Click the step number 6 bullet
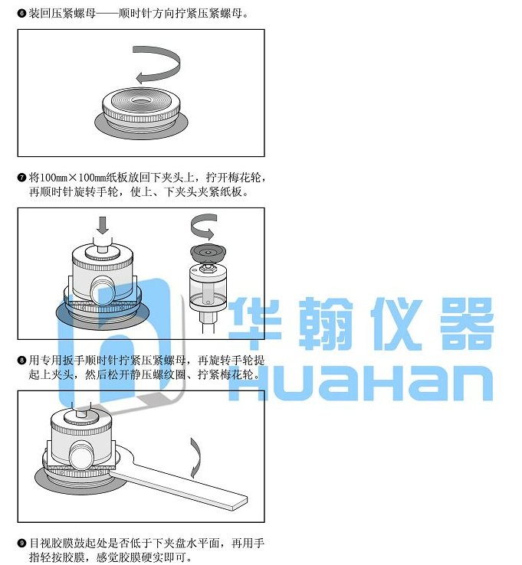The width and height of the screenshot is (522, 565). coord(21,14)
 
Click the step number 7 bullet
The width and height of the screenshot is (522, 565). coord(21,178)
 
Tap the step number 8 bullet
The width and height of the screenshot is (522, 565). coord(21,360)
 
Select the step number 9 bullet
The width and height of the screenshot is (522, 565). coord(21,543)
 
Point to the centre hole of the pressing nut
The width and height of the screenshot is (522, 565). coord(141,100)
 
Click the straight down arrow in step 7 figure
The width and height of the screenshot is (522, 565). coord(103,225)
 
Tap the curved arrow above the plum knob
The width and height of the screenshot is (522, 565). coord(203,227)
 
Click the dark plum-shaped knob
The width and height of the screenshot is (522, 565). coord(208,253)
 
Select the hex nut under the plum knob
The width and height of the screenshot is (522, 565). coord(208,268)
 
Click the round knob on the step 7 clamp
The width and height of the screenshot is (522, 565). coord(102,290)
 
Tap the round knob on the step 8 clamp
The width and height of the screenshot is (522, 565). coord(81,456)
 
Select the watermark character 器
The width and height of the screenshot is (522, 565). coord(467,323)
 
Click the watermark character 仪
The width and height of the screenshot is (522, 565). coord(396,323)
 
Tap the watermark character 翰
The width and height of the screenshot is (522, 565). coord(326,323)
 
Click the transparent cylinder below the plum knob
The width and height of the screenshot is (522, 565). coord(208,286)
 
